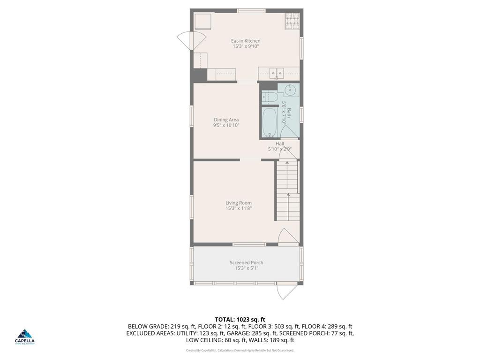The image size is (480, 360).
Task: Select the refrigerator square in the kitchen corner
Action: (203, 22)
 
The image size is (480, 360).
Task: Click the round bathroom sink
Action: (289, 90)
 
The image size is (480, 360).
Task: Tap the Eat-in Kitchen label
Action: (246, 41)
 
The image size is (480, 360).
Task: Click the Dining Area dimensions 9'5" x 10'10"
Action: (226, 125)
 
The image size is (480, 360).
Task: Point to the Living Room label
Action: (239, 202)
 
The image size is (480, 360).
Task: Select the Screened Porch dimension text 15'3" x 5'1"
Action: (246, 268)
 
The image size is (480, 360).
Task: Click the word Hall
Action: (279, 144)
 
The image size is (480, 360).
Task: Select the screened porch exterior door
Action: (286, 291)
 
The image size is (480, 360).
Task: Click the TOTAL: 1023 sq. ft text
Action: (240, 319)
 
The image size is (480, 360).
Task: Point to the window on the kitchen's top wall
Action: (251, 10)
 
